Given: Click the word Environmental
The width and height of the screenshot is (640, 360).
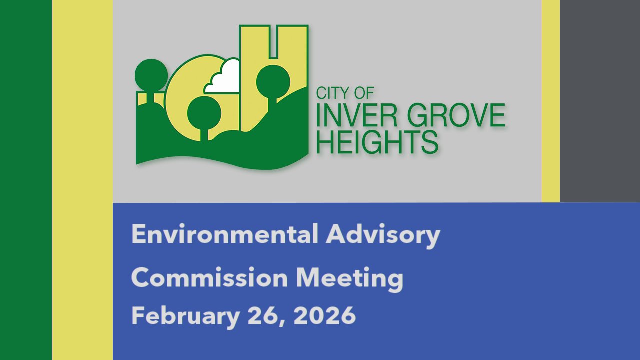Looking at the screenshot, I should pos(225,234).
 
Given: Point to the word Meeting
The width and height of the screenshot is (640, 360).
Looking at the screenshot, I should pos(349,278).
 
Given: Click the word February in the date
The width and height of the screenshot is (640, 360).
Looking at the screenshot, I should pos(184,316).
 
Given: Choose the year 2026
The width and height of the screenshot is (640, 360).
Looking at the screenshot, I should pos(325,316).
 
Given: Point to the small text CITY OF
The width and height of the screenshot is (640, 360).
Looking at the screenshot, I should pos(345,93).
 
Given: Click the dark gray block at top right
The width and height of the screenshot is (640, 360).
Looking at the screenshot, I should pos(599,100).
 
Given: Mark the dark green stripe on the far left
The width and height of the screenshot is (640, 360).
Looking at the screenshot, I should pos(26,180).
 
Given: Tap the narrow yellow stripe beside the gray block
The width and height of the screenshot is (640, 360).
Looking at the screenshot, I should pos(550,100).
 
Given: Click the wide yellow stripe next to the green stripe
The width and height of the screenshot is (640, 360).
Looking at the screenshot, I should pos(82,180).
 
